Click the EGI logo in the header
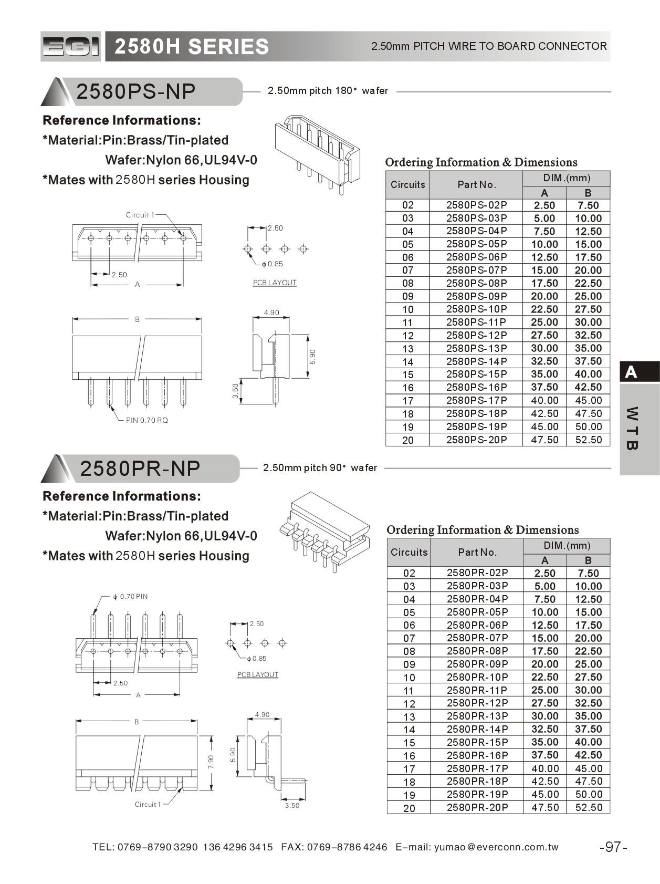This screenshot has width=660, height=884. coord(70,47)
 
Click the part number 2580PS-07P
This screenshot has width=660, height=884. coord(476,270)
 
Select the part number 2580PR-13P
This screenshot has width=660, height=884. coord(477,716)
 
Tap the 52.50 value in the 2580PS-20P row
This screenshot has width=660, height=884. coord(588,440)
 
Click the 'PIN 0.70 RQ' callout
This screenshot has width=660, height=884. coord(147,420)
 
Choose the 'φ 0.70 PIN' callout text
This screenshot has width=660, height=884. coord(131,597)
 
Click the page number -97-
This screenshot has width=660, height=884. coord(613,847)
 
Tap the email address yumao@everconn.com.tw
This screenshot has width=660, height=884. coord(496,847)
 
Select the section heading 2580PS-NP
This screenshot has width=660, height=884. coord(136,91)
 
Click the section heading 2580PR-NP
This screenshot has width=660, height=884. coord(140,468)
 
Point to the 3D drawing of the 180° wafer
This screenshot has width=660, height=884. coord(318,154)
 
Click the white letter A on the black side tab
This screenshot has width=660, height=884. coord(631,372)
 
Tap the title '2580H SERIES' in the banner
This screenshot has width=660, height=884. coord(192,47)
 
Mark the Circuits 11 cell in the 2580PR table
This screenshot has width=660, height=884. coord(409,691)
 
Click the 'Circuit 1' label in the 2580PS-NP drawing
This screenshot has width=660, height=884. coord(140,215)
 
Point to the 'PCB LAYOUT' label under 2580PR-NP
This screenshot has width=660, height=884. coord(257,674)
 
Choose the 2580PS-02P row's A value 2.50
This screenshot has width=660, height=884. coord(544,205)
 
